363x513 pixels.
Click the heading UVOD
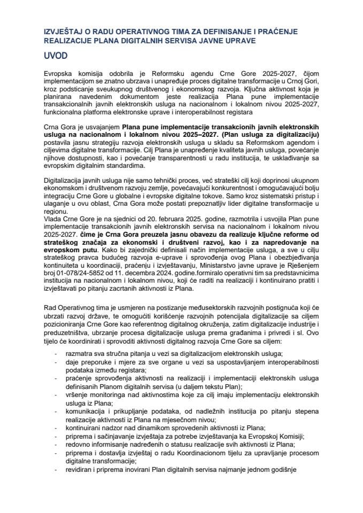[56, 56]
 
